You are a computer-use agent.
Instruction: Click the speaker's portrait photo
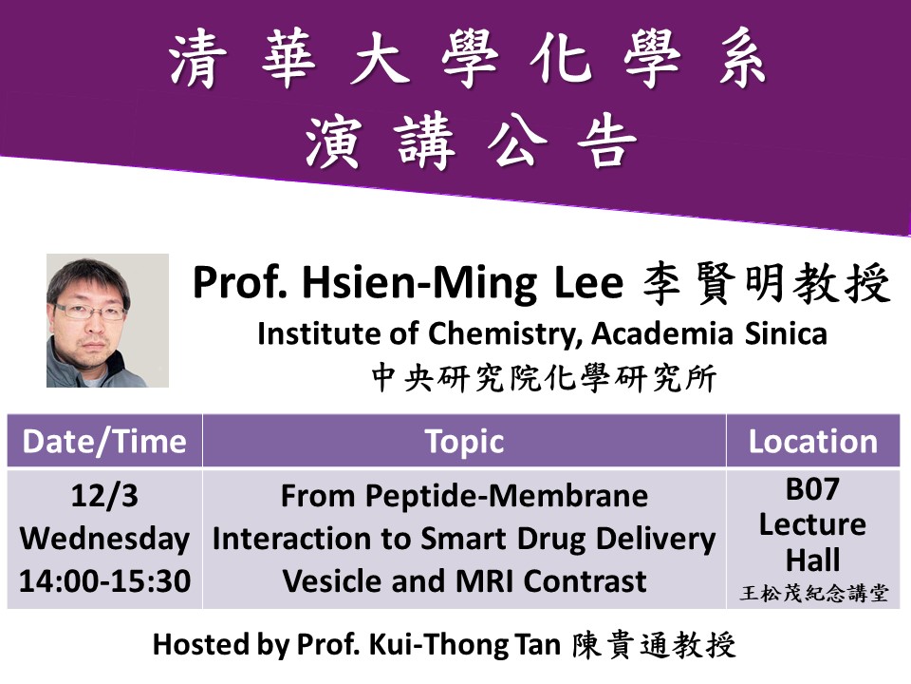[107, 320]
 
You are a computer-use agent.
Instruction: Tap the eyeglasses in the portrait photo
[90, 312]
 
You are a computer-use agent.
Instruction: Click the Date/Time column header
[104, 442]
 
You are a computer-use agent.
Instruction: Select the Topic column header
[464, 442]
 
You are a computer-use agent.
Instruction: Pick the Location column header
[813, 442]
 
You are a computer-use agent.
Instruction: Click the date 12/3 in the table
[104, 496]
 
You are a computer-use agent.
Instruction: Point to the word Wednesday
[104, 539]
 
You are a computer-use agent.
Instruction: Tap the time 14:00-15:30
[104, 581]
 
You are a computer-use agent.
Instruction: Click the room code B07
[813, 488]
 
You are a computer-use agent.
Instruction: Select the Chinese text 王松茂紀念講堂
[814, 593]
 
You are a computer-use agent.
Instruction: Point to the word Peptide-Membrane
[507, 496]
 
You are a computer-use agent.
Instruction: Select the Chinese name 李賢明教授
[767, 283]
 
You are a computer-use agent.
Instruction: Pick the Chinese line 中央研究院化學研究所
[544, 378]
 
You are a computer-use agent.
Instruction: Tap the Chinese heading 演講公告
[471, 141]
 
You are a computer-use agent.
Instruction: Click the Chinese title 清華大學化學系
[468, 60]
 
